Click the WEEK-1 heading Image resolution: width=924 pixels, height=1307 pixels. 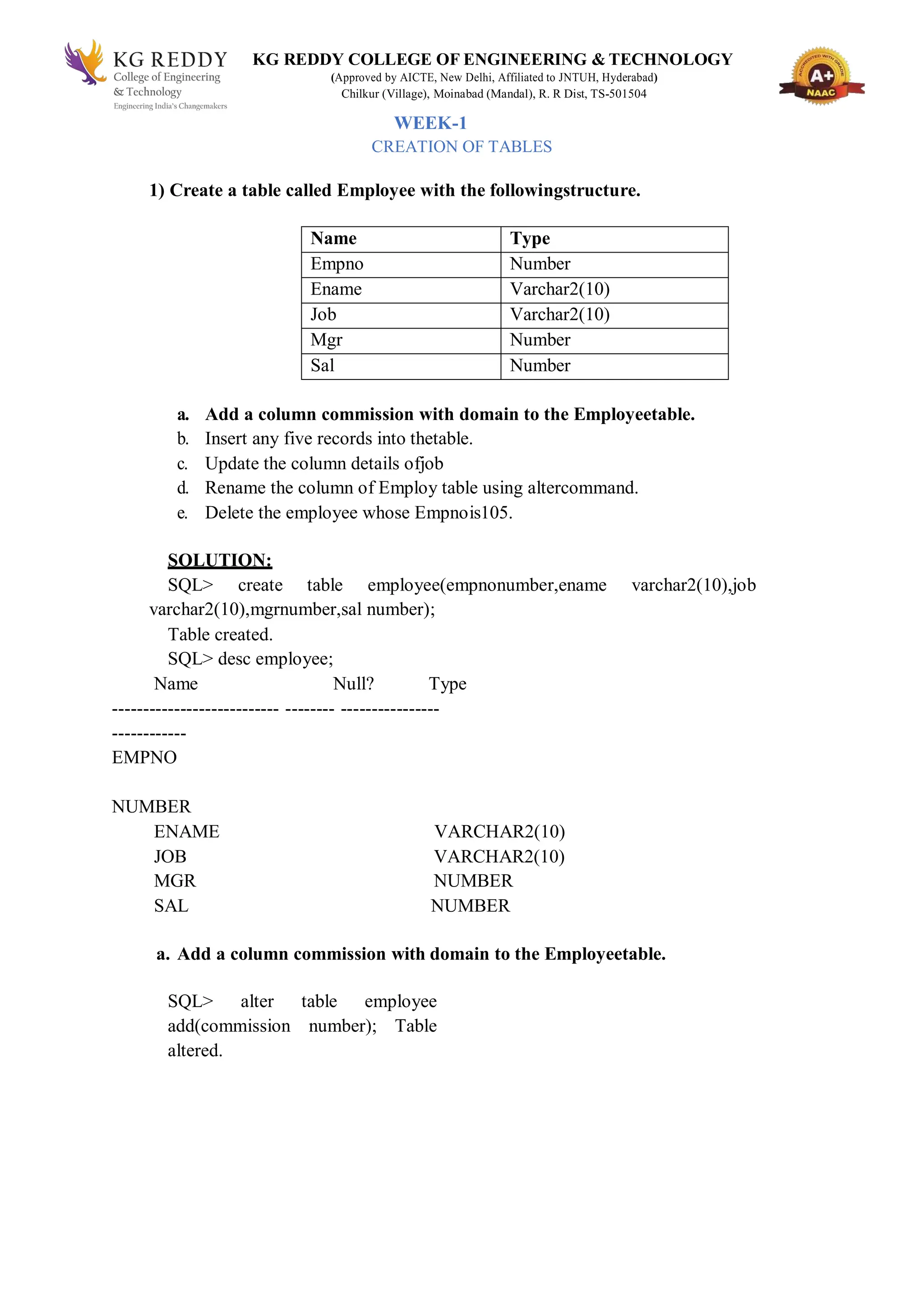click(x=430, y=123)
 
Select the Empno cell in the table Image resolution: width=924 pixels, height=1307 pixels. click(x=337, y=264)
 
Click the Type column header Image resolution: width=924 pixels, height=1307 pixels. click(x=530, y=239)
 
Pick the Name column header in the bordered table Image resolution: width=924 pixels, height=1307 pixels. click(x=333, y=239)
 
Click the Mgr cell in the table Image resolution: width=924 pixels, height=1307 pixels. click(x=326, y=340)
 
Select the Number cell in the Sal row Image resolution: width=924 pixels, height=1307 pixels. click(x=540, y=365)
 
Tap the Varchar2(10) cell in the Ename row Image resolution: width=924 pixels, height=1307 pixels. click(x=559, y=289)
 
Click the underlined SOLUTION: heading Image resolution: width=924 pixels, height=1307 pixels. click(x=220, y=560)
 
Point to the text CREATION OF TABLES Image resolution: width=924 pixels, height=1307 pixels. click(x=461, y=147)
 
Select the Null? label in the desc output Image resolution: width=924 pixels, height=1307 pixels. click(x=353, y=684)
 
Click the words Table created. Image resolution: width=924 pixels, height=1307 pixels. click(x=220, y=634)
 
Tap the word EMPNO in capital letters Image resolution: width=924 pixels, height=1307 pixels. click(x=144, y=757)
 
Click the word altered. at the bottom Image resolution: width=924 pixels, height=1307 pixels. click(x=195, y=1050)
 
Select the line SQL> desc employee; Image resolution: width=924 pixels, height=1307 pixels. click(x=250, y=659)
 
